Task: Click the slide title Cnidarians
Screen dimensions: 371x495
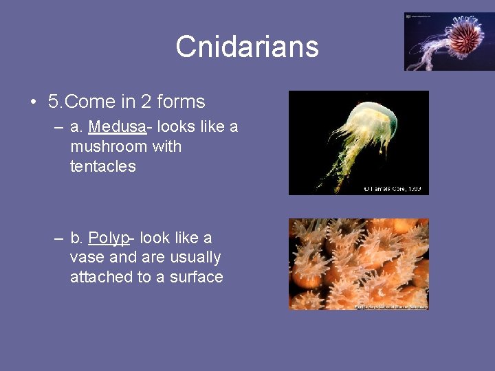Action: tap(247, 47)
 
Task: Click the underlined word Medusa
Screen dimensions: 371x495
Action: tap(117, 126)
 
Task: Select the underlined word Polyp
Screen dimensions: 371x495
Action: tap(109, 238)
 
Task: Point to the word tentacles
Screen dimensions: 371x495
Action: tap(103, 166)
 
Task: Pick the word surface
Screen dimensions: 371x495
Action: tap(196, 278)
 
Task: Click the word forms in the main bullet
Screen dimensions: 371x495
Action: tap(181, 102)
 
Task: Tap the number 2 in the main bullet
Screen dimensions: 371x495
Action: tap(146, 102)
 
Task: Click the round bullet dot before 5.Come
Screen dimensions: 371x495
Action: tap(33, 102)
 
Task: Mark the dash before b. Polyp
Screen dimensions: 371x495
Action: tap(60, 238)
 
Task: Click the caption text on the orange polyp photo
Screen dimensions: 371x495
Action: tap(390, 306)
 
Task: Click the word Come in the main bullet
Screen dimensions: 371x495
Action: tap(91, 102)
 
